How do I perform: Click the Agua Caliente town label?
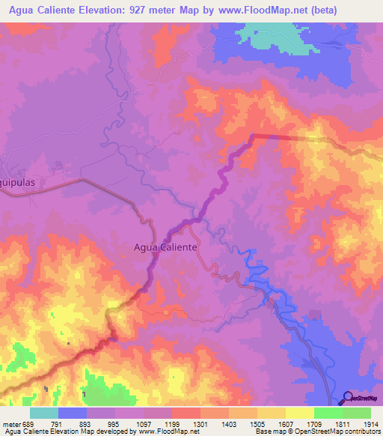[x=165, y=246]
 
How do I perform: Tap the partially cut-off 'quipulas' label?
[x=18, y=182]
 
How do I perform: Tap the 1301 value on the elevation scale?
[x=200, y=425]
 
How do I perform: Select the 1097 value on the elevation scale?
[x=144, y=425]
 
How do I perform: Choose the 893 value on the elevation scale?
[x=87, y=425]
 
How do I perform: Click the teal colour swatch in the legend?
[x=44, y=413]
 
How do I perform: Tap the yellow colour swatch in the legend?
[x=299, y=413]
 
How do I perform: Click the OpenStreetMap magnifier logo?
[x=347, y=398]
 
